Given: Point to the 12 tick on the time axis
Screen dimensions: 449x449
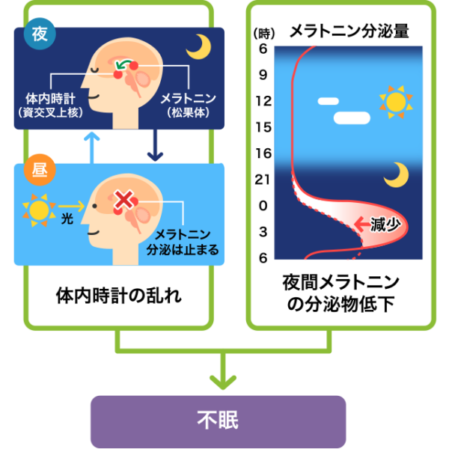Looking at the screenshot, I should (x=263, y=100).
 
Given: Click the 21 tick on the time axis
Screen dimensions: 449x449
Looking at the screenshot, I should (x=263, y=179).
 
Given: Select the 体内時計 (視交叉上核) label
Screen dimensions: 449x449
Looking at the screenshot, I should (x=49, y=105).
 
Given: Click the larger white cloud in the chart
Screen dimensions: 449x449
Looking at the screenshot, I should (x=352, y=117).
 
